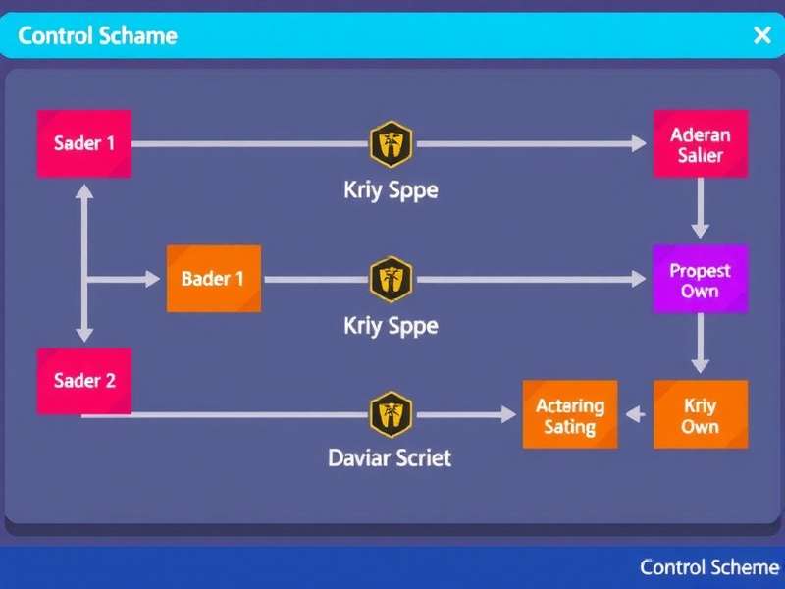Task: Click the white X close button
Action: pyautogui.click(x=761, y=36)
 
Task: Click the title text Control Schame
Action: pyautogui.click(x=97, y=36)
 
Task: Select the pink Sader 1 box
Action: pyautogui.click(x=83, y=143)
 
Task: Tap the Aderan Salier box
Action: pyautogui.click(x=700, y=144)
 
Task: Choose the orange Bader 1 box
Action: pyautogui.click(x=213, y=279)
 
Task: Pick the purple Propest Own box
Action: pyautogui.click(x=700, y=279)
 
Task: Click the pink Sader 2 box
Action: pyautogui.click(x=83, y=380)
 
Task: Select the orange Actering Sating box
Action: pyautogui.click(x=569, y=415)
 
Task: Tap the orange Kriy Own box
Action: pyautogui.click(x=700, y=415)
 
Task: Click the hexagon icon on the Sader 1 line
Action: pyautogui.click(x=391, y=144)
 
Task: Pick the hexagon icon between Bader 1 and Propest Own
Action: pyautogui.click(x=391, y=279)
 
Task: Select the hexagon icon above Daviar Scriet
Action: pyautogui.click(x=391, y=414)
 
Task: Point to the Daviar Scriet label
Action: pyautogui.click(x=391, y=457)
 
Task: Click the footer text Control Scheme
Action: pyautogui.click(x=708, y=567)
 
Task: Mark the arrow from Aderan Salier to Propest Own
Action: pyautogui.click(x=700, y=208)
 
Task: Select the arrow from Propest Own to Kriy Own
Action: pyautogui.click(x=700, y=344)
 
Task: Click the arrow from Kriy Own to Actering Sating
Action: pyautogui.click(x=636, y=415)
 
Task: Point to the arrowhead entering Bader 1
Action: pyautogui.click(x=152, y=279)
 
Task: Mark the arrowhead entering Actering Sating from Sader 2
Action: pyautogui.click(x=507, y=415)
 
